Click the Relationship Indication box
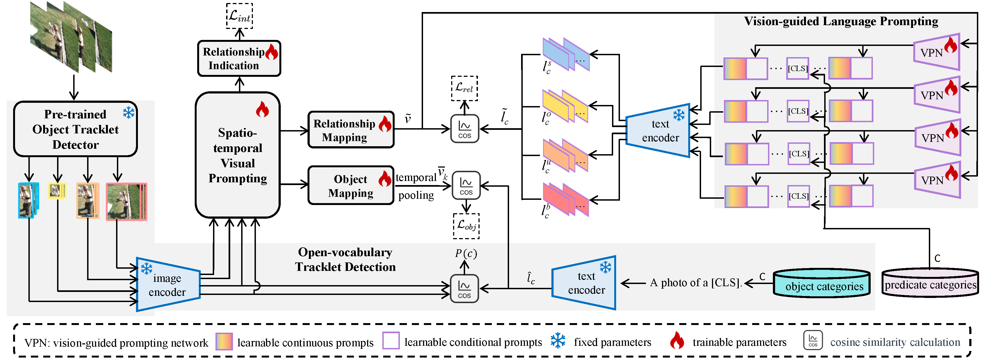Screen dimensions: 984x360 click(x=239, y=58)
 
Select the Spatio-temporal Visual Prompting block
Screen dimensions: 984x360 click(x=238, y=155)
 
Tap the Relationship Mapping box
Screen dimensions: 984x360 click(x=351, y=130)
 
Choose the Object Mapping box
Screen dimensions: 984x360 click(x=351, y=185)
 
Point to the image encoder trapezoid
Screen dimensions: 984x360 click(x=168, y=284)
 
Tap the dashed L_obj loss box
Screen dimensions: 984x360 click(x=466, y=226)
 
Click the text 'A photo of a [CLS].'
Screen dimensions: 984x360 click(x=696, y=283)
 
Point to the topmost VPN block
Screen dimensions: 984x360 click(x=937, y=52)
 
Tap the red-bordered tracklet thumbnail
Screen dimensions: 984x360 click(x=127, y=202)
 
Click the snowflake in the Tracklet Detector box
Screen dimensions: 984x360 click(x=129, y=112)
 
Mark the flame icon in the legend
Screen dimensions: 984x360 click(x=677, y=340)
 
